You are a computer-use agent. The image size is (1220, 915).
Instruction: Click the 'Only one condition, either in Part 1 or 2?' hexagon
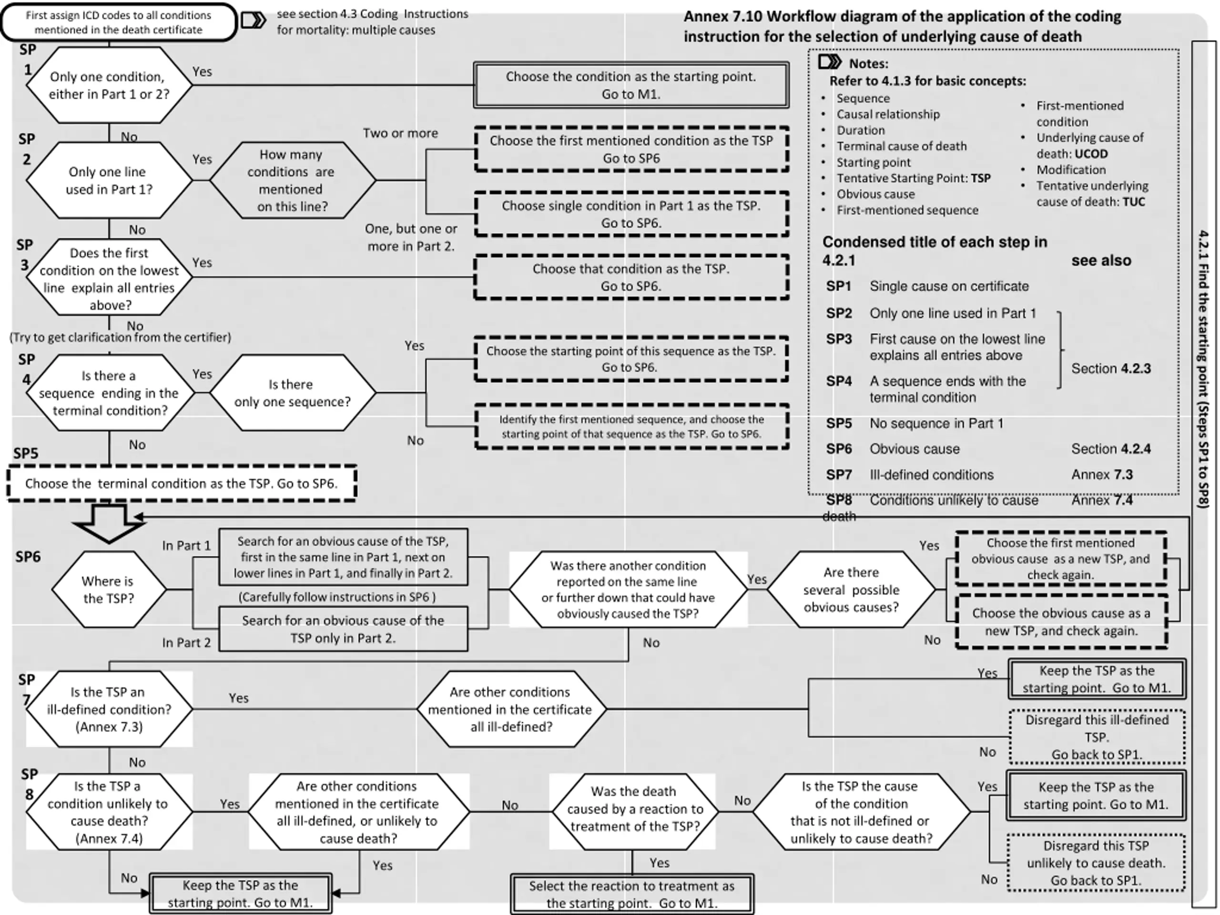[x=109, y=85]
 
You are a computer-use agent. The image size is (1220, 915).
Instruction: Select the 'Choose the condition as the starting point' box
[x=631, y=85]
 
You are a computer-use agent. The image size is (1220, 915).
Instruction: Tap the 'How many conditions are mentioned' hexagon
[x=292, y=180]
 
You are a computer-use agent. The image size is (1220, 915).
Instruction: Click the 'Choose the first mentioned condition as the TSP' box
[x=631, y=149]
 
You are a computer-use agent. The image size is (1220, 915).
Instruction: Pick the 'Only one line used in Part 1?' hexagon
[x=109, y=180]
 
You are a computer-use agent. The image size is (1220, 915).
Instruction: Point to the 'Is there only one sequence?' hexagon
[x=292, y=393]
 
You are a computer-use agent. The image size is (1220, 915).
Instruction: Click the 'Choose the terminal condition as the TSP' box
[x=182, y=484]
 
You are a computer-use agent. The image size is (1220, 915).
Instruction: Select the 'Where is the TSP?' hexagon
[x=109, y=590]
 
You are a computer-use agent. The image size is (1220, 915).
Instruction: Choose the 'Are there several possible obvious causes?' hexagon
[x=851, y=590]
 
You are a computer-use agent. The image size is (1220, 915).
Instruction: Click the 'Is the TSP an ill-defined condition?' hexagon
[x=109, y=709]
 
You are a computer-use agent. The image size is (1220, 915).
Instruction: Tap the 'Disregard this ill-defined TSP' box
[x=1097, y=737]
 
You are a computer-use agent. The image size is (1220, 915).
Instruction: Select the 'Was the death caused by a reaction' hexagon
[x=635, y=811]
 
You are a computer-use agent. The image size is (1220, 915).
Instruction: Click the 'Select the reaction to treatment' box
[x=632, y=894]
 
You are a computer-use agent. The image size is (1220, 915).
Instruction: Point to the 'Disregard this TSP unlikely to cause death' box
[x=1096, y=863]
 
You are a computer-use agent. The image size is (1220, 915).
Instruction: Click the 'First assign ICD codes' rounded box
[x=119, y=22]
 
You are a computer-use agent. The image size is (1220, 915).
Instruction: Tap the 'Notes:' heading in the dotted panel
[x=869, y=63]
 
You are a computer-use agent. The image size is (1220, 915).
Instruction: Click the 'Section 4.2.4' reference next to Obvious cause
[x=1111, y=449]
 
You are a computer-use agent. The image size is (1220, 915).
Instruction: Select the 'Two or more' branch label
[x=400, y=133]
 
